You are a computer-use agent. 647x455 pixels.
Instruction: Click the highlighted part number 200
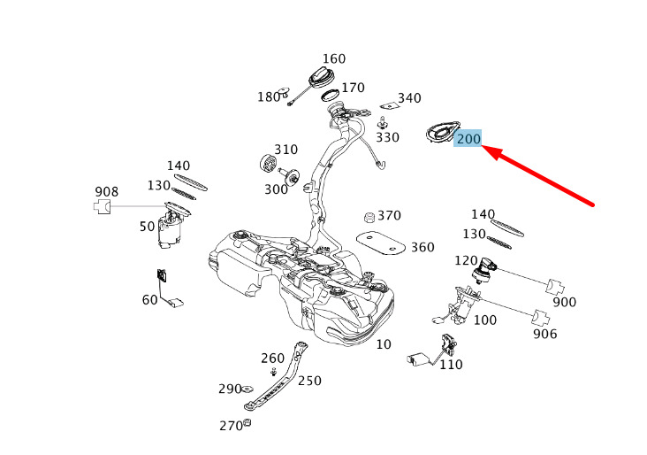click(x=468, y=138)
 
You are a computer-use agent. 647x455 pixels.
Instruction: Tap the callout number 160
click(x=334, y=59)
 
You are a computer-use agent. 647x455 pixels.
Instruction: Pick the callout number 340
click(x=409, y=98)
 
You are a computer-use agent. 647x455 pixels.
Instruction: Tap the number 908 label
click(x=106, y=192)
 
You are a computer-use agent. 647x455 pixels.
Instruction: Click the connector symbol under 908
click(x=103, y=206)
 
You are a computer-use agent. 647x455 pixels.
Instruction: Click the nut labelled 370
click(x=369, y=217)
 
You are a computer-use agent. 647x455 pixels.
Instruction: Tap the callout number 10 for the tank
click(x=384, y=344)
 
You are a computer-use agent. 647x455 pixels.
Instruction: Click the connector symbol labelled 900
click(x=555, y=287)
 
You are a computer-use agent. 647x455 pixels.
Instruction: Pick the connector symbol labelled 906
click(x=541, y=318)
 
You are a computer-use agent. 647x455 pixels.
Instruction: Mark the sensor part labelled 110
click(x=433, y=351)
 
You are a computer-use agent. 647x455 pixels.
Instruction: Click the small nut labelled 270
click(x=247, y=422)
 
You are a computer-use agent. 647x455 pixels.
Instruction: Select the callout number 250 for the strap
click(x=309, y=381)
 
